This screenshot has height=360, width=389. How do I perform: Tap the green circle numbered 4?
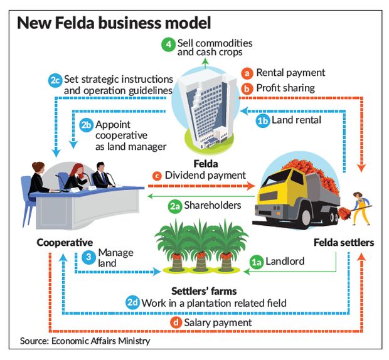point(168,45)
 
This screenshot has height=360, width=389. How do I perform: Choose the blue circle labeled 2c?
point(55,80)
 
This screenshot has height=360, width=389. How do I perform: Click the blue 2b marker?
point(86,124)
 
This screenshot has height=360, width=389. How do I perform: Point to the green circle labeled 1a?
point(255,261)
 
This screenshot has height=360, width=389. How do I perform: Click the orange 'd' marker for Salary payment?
point(178,322)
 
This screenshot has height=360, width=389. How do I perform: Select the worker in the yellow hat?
point(360,207)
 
